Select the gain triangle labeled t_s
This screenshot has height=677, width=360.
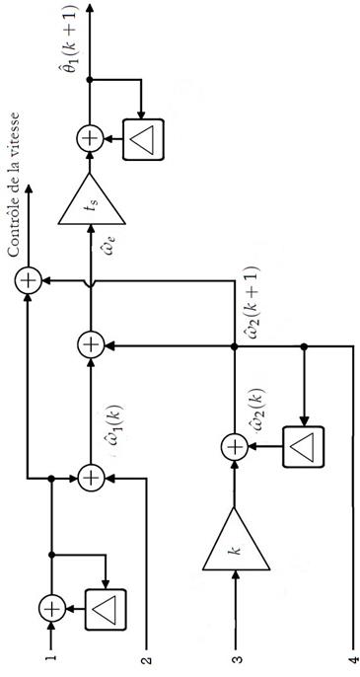pos(92,199)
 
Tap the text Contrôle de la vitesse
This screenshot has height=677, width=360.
pos(14,185)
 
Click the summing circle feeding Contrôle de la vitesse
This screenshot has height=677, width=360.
pos(28,280)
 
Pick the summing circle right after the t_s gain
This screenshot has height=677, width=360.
pos(90,139)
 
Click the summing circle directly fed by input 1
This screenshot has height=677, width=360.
pos(52,608)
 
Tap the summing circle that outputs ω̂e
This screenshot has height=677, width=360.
pos(91,345)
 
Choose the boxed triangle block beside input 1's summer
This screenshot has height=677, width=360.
pos(106,609)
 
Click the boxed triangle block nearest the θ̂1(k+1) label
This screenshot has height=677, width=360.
pos(143,140)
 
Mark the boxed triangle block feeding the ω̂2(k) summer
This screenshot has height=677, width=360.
pos(303,446)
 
